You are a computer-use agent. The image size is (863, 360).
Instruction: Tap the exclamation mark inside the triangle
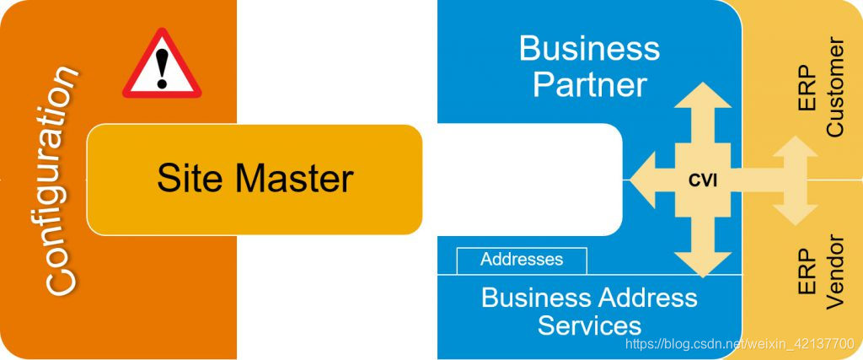click(x=162, y=67)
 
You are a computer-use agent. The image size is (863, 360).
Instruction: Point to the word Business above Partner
click(x=589, y=48)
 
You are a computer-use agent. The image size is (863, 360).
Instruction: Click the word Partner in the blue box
click(x=590, y=84)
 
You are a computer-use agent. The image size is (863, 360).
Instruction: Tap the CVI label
click(x=702, y=179)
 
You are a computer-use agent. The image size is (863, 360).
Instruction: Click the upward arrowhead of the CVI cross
click(x=703, y=94)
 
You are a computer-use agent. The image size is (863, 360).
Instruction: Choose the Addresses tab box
click(x=522, y=260)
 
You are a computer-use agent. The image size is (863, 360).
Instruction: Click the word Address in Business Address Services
click(x=646, y=297)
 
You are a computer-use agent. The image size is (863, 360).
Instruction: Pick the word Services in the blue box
click(x=589, y=325)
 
